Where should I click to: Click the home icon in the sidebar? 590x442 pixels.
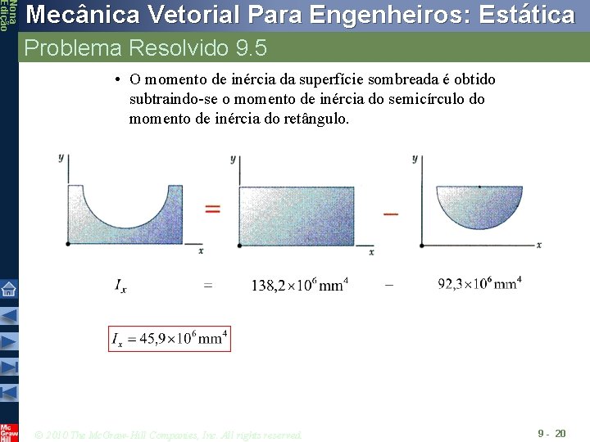[9, 289]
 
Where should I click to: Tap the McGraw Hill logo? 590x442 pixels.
[9, 431]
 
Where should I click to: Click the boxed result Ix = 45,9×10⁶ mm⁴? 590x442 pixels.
[170, 339]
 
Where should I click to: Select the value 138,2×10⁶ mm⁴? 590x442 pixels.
[299, 285]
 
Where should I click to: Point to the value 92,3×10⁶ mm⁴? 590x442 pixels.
[479, 284]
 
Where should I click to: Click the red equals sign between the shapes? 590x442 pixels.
[212, 210]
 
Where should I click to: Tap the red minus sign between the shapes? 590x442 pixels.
[391, 214]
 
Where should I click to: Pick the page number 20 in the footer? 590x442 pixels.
[560, 432]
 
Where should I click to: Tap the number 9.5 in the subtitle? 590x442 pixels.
[251, 48]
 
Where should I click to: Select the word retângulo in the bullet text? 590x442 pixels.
[315, 119]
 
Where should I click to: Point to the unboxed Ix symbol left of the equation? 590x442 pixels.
[120, 286]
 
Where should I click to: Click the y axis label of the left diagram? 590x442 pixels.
[61, 156]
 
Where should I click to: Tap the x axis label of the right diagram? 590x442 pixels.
[538, 245]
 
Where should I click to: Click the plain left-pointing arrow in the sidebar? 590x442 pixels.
[9, 315]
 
